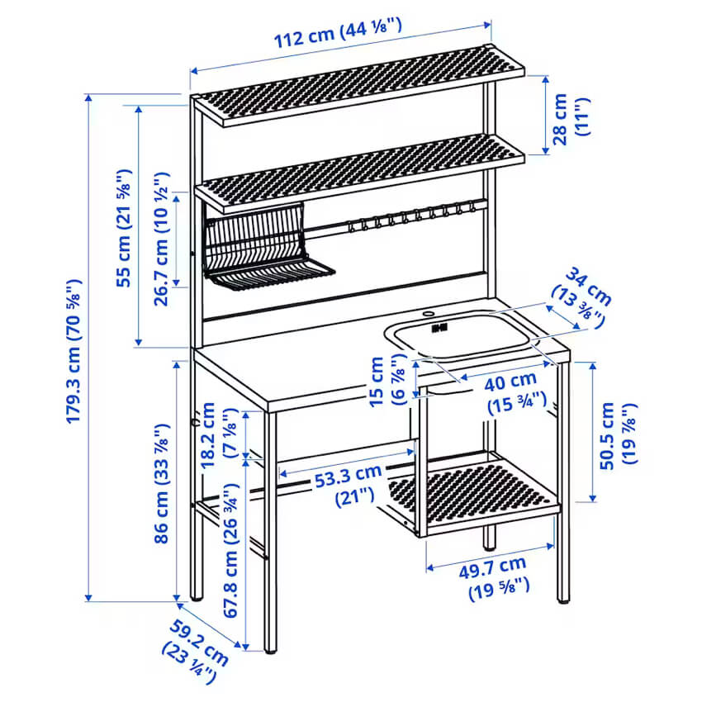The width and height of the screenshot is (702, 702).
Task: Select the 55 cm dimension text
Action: [124, 228]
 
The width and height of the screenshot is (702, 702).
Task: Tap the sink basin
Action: [462, 337]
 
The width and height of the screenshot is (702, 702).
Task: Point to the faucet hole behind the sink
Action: [429, 315]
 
